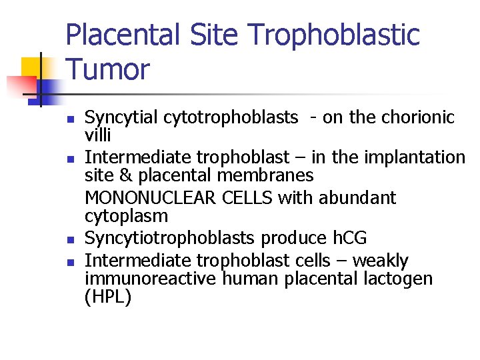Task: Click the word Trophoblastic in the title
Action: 338,35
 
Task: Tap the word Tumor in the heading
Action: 108,69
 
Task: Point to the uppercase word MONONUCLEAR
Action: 147,198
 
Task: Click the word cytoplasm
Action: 127,217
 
